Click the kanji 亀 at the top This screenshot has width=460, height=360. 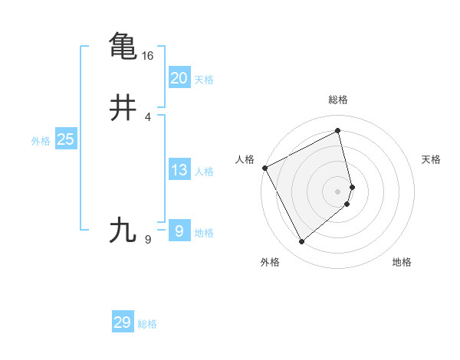tap(123, 45)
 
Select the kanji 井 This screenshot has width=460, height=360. tap(123, 108)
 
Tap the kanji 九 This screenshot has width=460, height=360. tap(123, 230)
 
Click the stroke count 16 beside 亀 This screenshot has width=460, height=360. tap(147, 56)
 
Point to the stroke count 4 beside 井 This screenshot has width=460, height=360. tap(148, 117)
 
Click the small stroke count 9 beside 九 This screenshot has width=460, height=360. tap(148, 240)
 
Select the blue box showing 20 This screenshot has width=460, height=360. tap(179, 77)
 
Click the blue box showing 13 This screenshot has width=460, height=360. tap(179, 170)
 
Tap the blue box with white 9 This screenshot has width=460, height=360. tap(179, 230)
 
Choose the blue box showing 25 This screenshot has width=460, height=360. tap(65, 139)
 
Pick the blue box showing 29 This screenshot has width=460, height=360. tap(123, 322)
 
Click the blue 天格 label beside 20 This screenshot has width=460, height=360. tap(204, 80)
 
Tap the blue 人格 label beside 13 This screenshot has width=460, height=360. tap(204, 172)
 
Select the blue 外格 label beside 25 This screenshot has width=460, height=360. tap(40, 141)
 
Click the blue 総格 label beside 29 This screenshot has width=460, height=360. tap(147, 324)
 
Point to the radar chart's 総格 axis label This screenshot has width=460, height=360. tap(337, 100)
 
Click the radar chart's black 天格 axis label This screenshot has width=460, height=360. tap(432, 159)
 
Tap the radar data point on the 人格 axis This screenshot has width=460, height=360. tap(264, 167)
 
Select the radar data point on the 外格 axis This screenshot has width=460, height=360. tap(301, 242)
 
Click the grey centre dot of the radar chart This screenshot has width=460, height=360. tap(337, 191)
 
